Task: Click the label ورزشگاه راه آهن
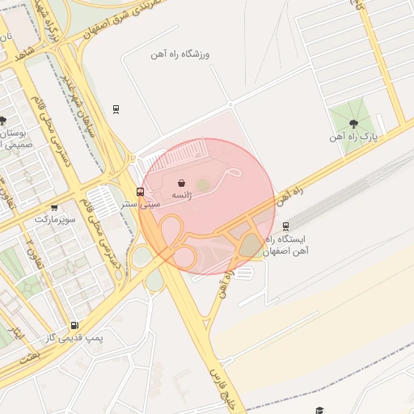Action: [180, 54]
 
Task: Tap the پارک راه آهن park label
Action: [353, 137]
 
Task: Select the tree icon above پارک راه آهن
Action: [353, 123]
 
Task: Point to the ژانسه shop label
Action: [181, 196]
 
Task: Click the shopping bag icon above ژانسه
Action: [181, 184]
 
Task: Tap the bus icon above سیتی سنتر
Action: [141, 192]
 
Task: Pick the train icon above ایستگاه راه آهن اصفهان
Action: [285, 226]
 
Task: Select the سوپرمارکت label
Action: [55, 219]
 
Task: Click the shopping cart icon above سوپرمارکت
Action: [54, 207]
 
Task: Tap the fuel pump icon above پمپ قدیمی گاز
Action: [74, 324]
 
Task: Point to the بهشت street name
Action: [30, 357]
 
